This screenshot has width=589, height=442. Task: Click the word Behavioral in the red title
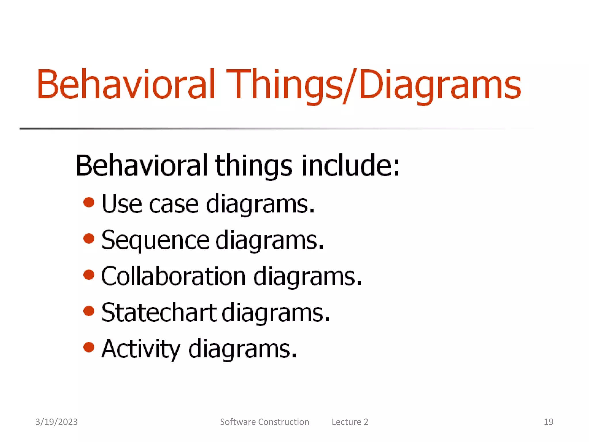pos(126,84)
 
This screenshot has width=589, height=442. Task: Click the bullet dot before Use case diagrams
pos(89,202)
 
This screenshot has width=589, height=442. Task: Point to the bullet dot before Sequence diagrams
pos(89,239)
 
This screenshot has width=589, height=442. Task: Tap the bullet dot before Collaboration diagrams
pos(89,275)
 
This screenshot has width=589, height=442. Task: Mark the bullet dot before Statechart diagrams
pos(89,311)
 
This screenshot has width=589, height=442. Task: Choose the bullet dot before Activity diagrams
pos(89,347)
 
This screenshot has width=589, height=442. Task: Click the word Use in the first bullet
pos(122,204)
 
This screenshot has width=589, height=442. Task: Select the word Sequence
pos(155,240)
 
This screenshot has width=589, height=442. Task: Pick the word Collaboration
pos(173,276)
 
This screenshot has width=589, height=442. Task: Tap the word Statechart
pos(159,313)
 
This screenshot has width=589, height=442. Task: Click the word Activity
pos(141,349)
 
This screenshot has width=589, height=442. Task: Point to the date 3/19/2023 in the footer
pos(56,422)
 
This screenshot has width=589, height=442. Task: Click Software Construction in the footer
pos(264,422)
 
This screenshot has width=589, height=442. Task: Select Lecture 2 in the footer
pos(350,422)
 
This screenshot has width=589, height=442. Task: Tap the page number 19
pos(548,422)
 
